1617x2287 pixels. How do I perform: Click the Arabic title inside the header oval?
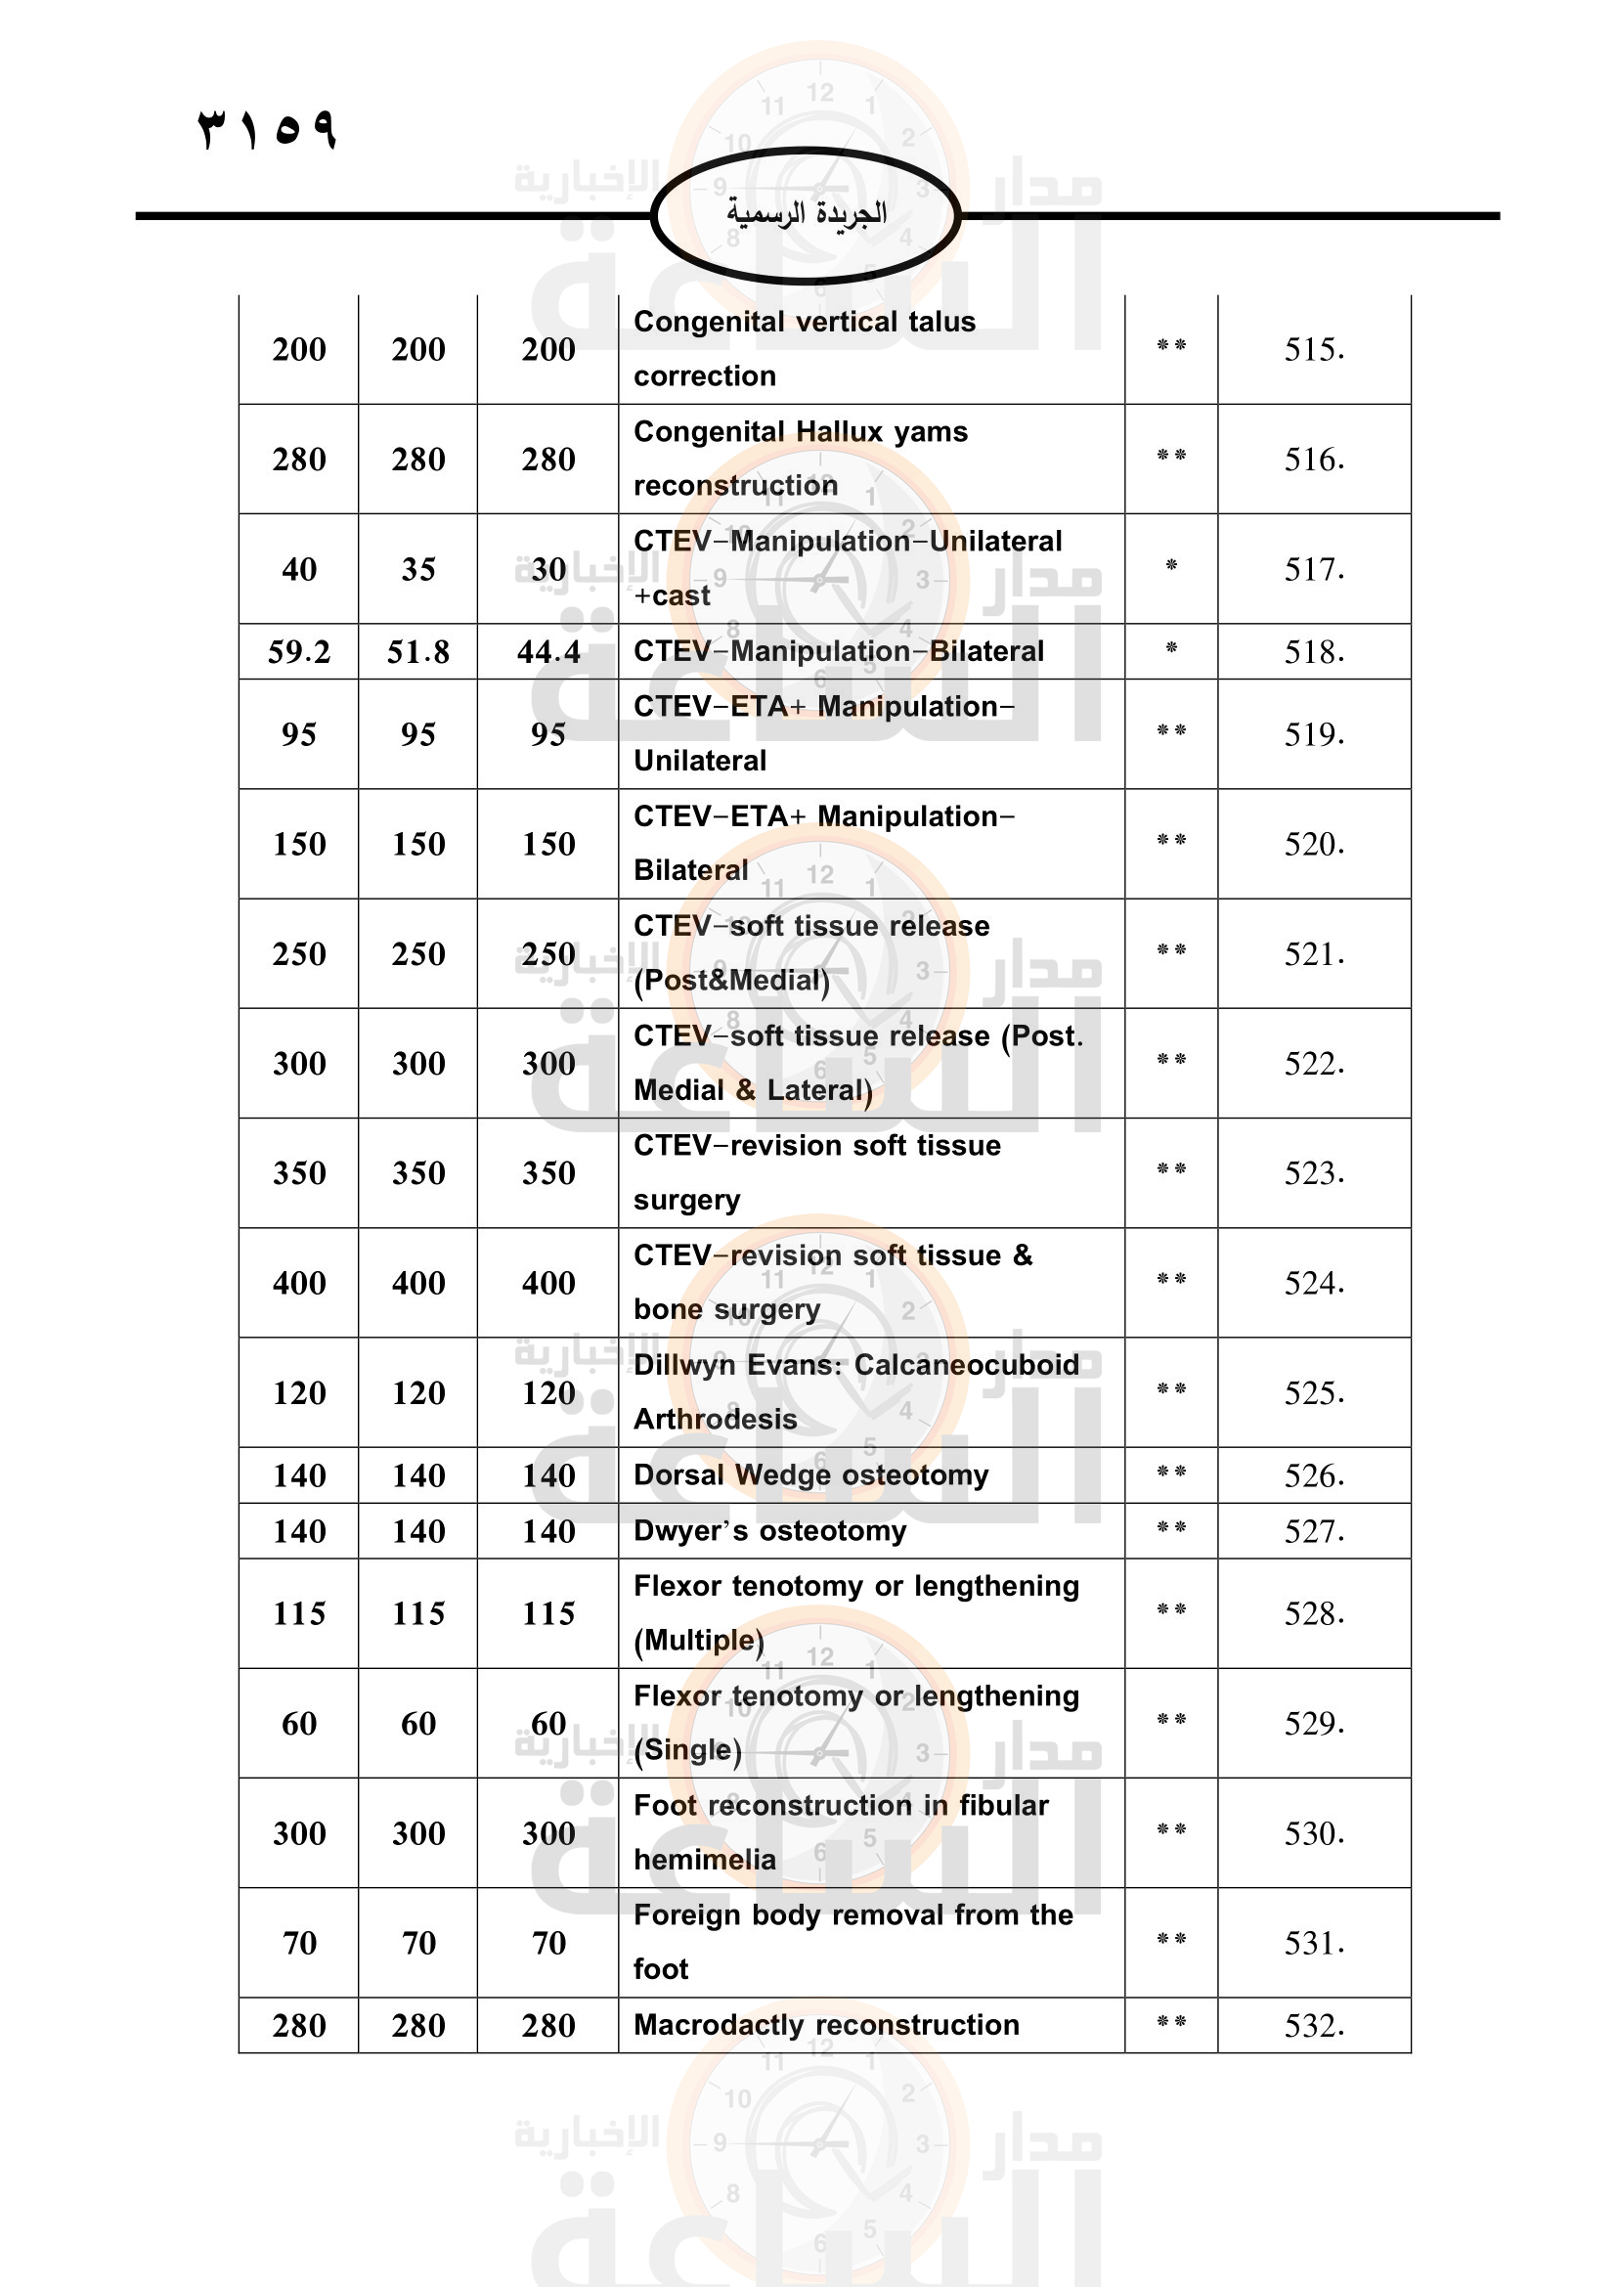coord(806,213)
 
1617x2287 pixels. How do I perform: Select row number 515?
coord(1313,350)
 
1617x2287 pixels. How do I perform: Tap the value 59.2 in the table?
coord(299,652)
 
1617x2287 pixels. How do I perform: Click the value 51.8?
coord(418,652)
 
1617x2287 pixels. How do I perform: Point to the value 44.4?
coord(548,652)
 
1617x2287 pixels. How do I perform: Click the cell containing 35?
coord(418,570)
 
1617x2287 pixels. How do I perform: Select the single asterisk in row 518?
coord(1171,648)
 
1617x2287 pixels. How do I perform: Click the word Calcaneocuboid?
coord(966,1366)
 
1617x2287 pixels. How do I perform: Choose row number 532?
coord(1313,2026)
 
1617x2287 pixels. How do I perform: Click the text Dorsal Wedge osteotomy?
coord(810,1475)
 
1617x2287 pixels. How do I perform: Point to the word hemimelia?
coord(704,1860)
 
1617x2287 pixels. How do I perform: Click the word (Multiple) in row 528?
coord(699,1641)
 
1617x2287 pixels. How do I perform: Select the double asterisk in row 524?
coord(1171,1280)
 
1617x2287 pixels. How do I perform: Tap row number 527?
coord(1313,1531)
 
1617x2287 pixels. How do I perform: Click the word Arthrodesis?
coord(715,1420)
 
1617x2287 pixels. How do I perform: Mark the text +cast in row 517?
coord(672,595)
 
